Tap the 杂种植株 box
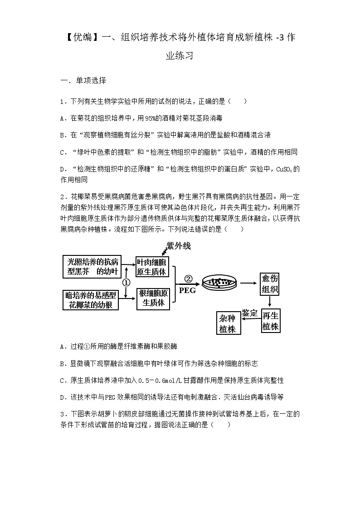(228, 323)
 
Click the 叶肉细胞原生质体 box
(152, 267)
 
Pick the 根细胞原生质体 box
(153, 298)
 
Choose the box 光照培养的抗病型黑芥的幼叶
(92, 267)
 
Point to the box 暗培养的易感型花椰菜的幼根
(92, 300)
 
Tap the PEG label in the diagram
(188, 290)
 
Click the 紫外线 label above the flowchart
(178, 246)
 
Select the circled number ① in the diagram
(126, 282)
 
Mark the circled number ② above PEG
(188, 279)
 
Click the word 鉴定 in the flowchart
(249, 313)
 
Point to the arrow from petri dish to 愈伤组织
(247, 283)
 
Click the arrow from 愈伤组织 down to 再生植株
(270, 302)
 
